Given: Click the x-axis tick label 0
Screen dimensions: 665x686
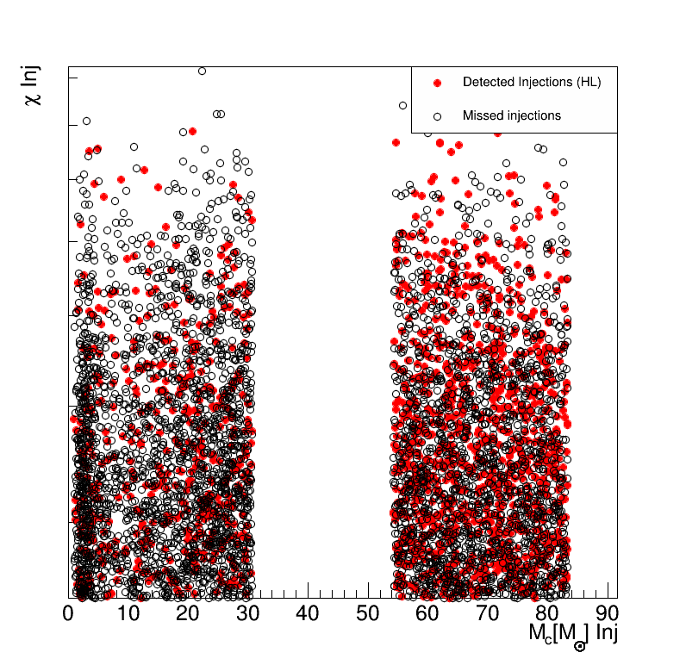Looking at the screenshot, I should (x=69, y=613).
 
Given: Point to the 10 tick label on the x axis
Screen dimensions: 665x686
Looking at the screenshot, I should (x=128, y=613).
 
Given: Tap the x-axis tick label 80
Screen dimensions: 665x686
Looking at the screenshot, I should (x=547, y=613).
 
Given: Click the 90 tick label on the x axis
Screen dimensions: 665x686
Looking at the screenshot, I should (x=607, y=613).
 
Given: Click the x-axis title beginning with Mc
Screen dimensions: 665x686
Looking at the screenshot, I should (x=573, y=633).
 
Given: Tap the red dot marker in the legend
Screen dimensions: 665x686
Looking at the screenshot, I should (x=437, y=83).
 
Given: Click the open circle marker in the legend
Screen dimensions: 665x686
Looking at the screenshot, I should (x=437, y=115).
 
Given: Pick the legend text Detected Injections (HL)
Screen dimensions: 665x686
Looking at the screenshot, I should (x=532, y=83).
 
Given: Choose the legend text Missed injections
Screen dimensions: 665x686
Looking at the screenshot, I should (x=512, y=115).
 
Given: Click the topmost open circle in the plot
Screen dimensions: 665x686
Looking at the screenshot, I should (x=202, y=71).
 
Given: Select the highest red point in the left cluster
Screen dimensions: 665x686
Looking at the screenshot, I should (x=192, y=131).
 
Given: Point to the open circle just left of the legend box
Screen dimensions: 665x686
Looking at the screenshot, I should (x=402, y=105).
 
